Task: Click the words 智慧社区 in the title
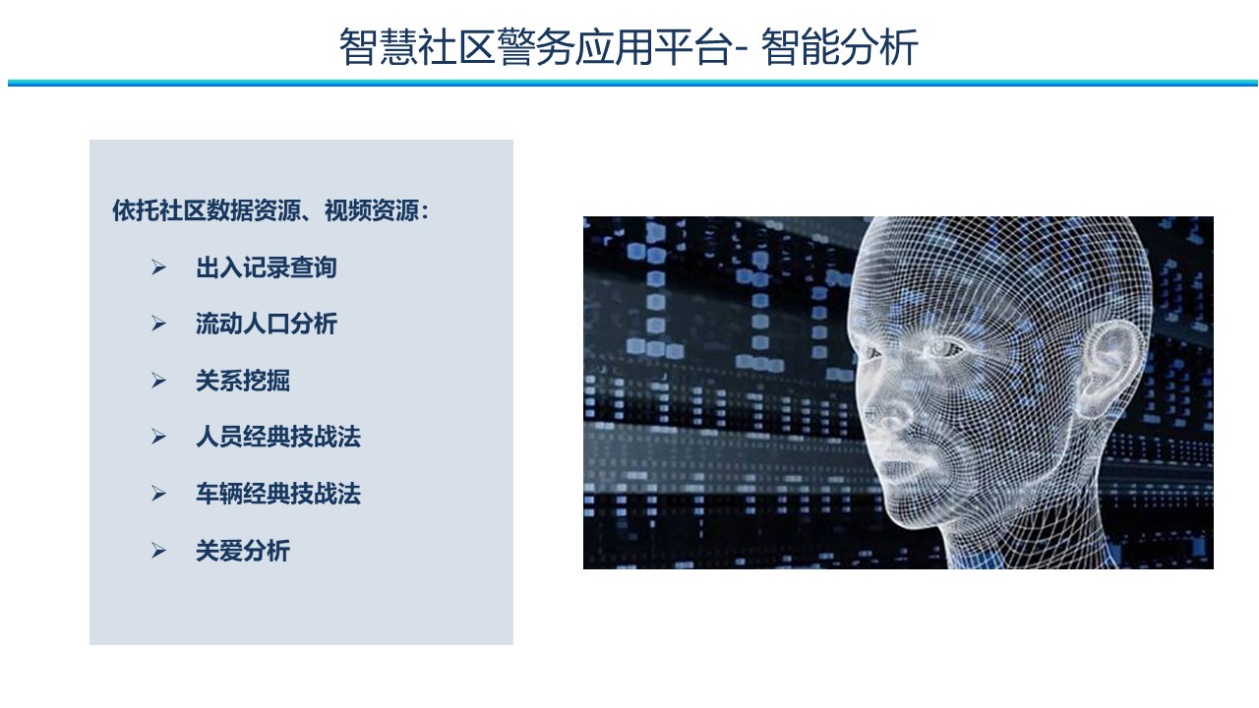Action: coord(417,46)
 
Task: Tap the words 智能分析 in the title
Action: coord(840,46)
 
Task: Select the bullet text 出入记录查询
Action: coord(266,267)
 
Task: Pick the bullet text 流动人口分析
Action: coord(266,324)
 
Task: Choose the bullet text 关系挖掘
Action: coord(242,381)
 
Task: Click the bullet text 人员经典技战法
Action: coord(277,437)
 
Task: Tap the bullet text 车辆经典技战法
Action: coord(277,494)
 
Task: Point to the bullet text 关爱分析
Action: coord(242,550)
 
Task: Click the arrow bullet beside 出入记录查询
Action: coord(158,267)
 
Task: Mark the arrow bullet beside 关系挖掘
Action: coord(158,381)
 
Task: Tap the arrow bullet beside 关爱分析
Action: coord(158,550)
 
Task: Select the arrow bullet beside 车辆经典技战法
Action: coord(158,494)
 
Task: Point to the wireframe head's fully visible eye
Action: coord(941,349)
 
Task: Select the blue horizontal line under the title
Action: coord(632,84)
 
